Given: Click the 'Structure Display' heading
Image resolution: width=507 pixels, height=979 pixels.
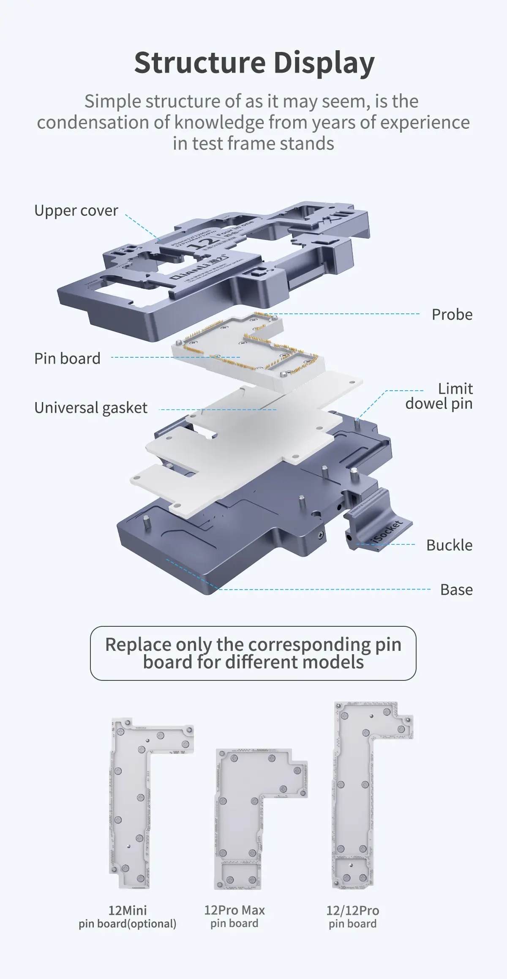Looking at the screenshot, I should (254, 63).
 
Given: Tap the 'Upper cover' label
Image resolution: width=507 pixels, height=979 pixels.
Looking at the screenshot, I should (76, 210).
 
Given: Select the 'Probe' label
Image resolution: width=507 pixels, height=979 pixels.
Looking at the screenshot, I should (452, 315).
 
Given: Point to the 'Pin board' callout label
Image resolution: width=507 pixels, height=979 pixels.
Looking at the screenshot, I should (67, 359).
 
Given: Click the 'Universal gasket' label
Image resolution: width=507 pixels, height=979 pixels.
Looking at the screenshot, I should (91, 408).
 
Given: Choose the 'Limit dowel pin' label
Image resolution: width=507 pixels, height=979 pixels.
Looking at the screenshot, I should (439, 396).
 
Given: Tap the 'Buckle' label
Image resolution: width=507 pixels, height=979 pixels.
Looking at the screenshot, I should (449, 545).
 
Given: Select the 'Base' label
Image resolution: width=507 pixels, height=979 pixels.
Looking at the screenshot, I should (456, 590).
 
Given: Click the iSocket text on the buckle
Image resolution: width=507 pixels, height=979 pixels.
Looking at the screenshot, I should (386, 533).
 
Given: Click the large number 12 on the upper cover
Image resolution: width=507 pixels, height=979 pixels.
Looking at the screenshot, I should (203, 244).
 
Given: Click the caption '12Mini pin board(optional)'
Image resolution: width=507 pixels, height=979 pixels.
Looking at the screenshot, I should (127, 917).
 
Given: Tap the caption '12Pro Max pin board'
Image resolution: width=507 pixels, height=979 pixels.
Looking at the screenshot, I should (234, 916).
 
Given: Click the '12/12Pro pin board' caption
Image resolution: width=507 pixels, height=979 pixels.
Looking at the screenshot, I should (352, 917).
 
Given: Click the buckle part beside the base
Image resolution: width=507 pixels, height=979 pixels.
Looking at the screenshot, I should (376, 524).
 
